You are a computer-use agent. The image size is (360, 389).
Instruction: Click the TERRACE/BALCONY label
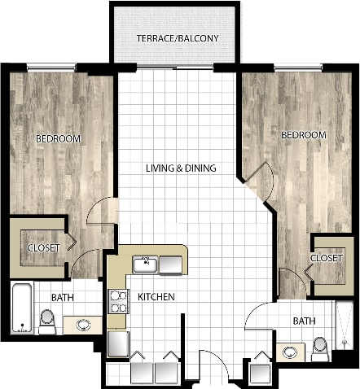176,37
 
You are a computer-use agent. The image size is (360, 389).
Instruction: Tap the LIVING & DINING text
181,169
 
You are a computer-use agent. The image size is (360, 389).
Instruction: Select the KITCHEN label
156,298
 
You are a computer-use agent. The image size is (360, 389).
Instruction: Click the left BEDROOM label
58,139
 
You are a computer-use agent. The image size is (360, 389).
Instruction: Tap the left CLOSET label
42,247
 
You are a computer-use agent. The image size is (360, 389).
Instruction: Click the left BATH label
63,299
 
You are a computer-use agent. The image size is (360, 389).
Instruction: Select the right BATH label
305,321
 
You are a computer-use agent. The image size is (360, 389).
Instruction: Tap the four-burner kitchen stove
118,303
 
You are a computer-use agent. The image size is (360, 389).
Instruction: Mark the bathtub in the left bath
21,309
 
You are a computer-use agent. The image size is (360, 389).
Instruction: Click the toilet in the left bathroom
46,324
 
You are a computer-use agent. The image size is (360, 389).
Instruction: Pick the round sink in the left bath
83,324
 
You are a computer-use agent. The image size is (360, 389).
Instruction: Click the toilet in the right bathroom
321,347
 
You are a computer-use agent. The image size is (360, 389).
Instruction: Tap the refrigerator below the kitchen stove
118,343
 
